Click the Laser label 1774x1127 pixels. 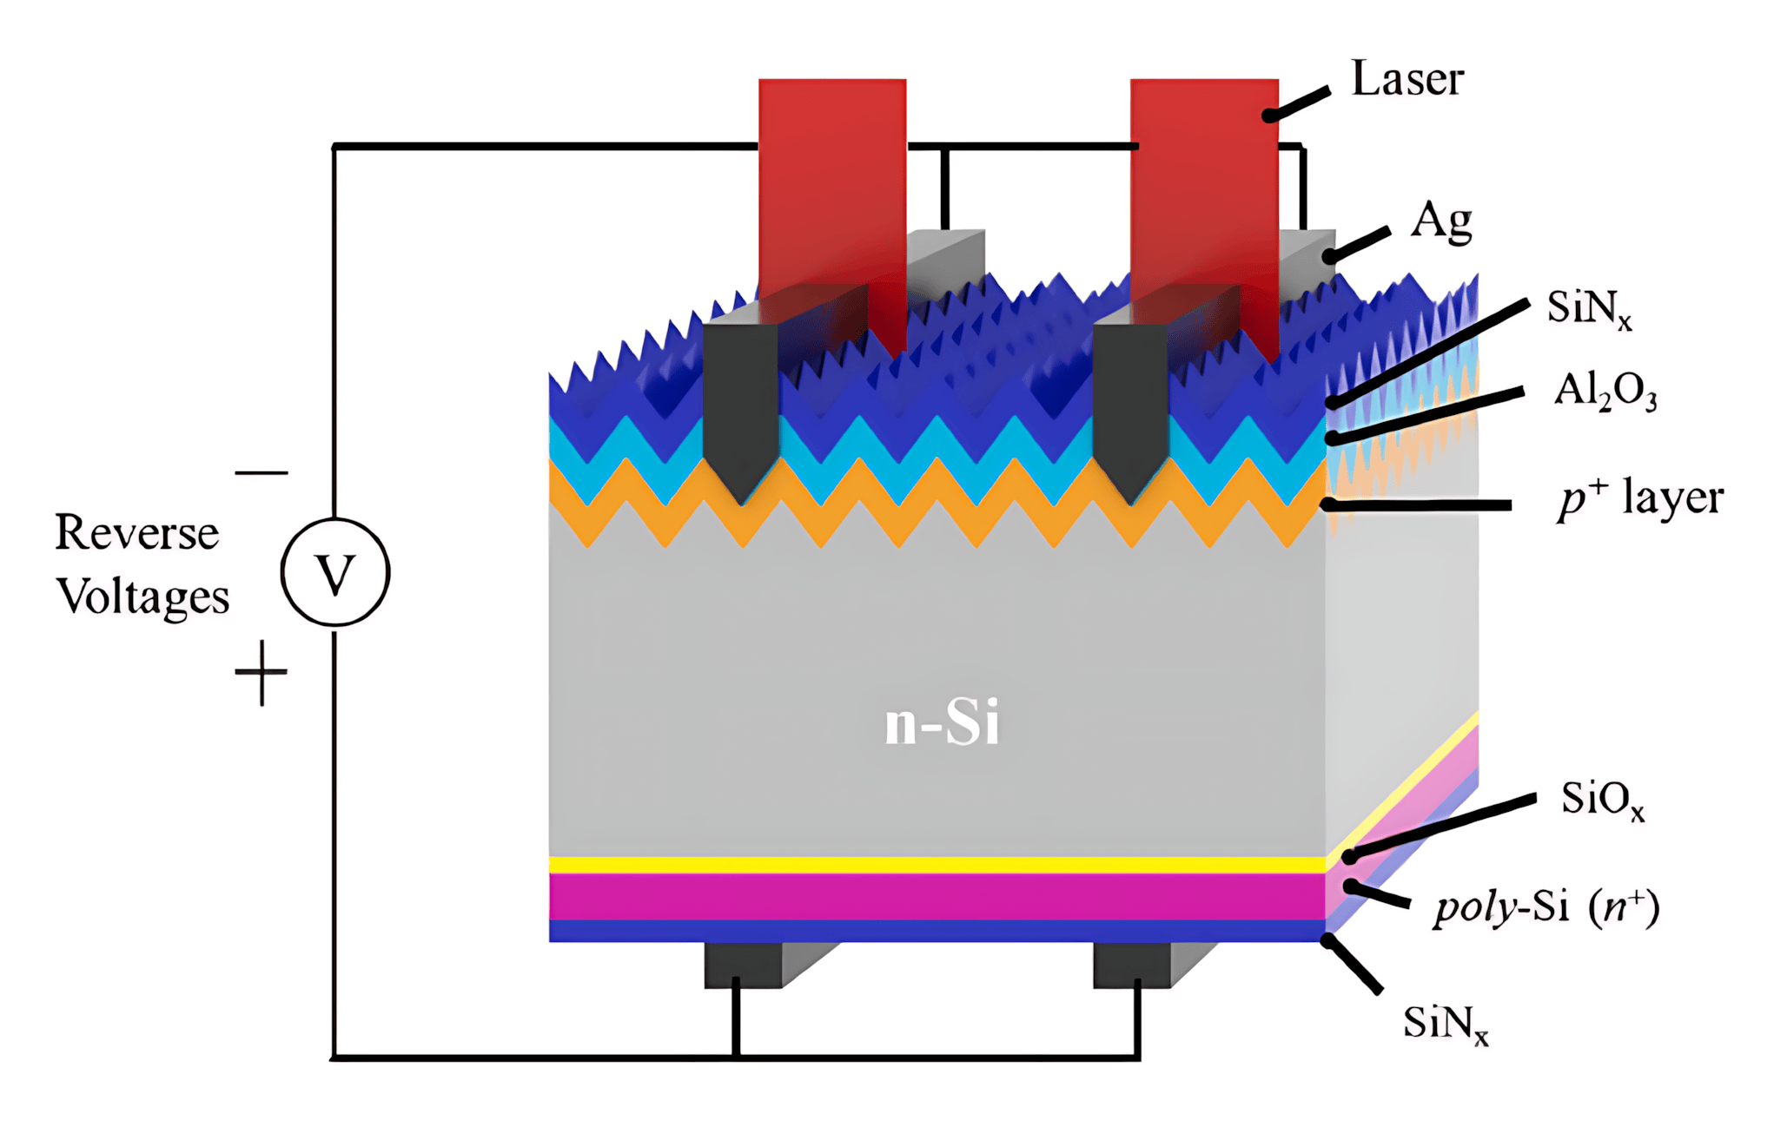coord(1407,80)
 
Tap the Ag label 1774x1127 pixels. coord(1441,222)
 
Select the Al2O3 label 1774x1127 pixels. coord(1605,392)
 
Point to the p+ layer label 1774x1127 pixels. coord(1639,498)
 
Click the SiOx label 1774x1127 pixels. coord(1602,799)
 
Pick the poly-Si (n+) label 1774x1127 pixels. coord(1546,908)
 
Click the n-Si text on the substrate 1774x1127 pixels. coord(942,722)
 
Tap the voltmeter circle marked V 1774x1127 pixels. coord(335,573)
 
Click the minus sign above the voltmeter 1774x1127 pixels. coord(261,473)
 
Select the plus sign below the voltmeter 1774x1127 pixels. coord(261,673)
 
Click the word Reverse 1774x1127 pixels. coord(136,532)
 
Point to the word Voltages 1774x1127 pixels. coord(142,597)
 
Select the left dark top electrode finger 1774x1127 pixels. coord(740,408)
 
